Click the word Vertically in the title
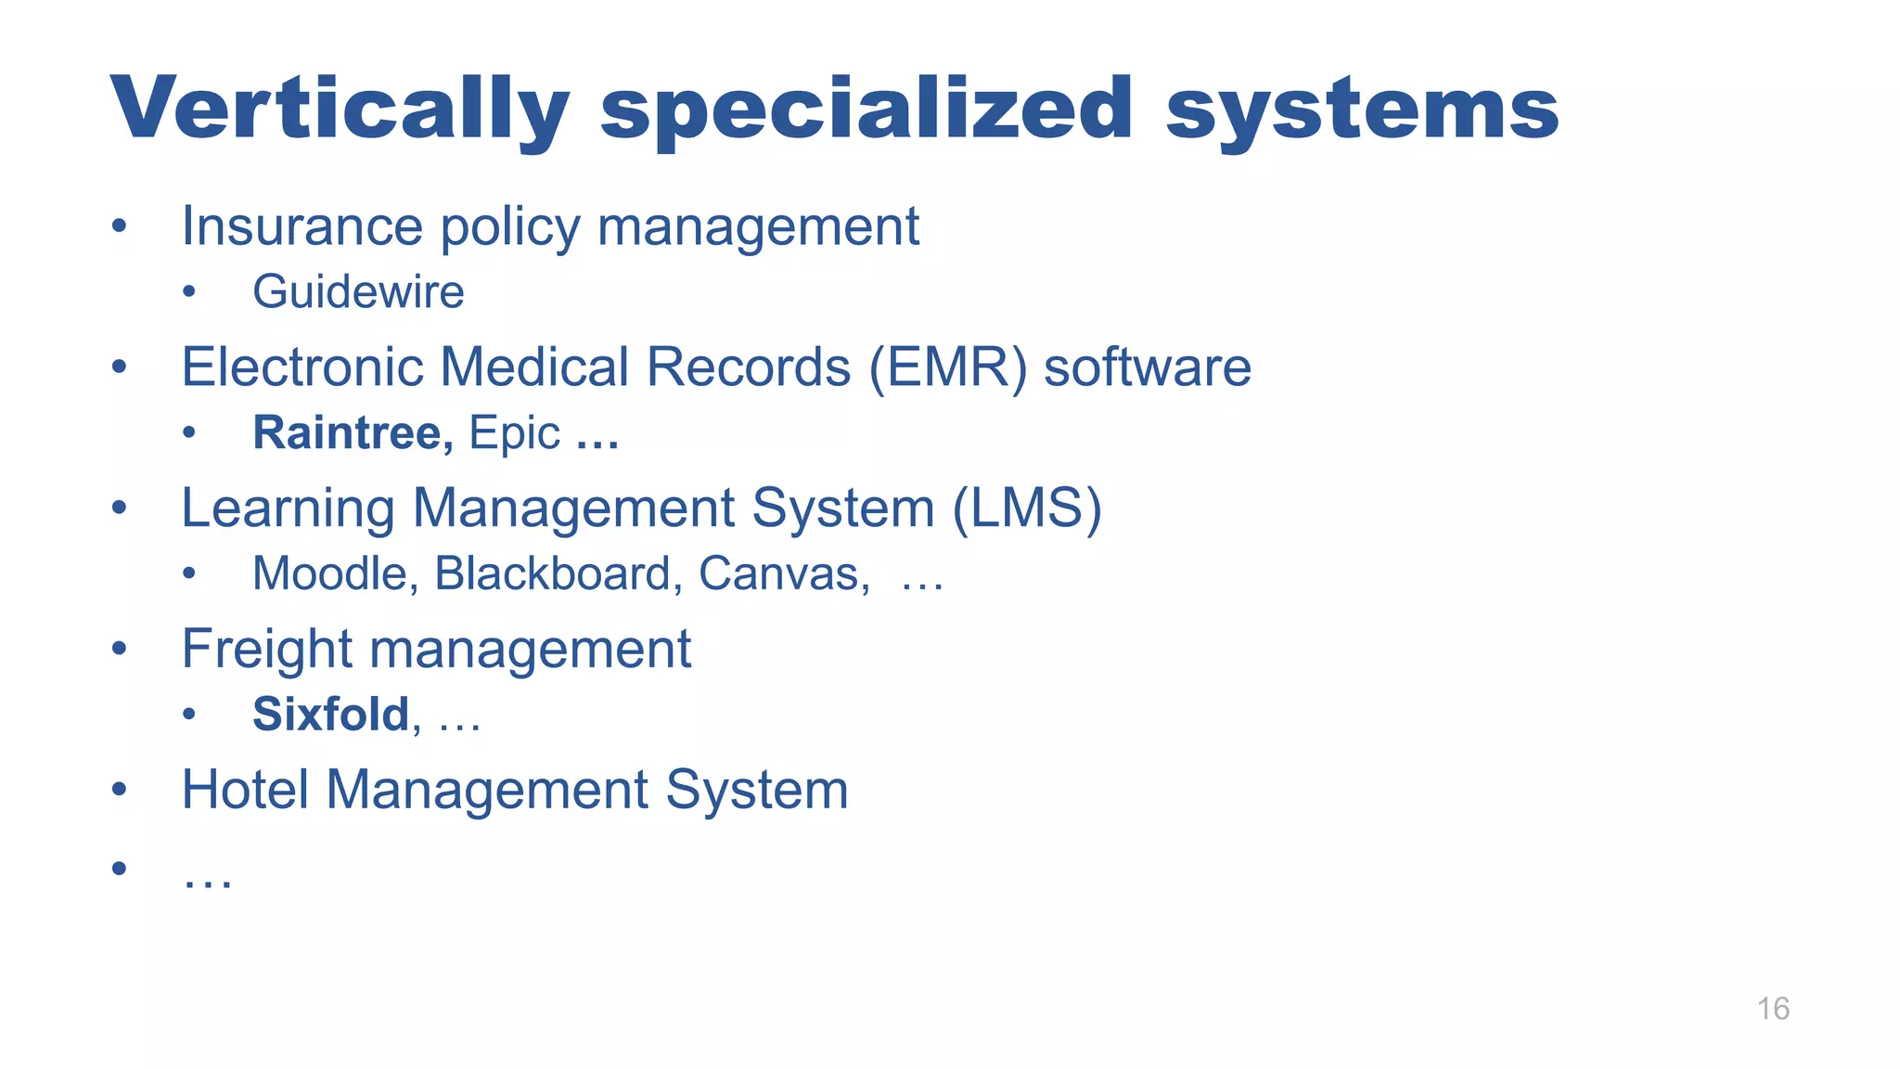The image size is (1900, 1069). coord(340,109)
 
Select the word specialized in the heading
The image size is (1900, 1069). coord(867,109)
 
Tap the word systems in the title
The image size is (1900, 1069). coord(1362,109)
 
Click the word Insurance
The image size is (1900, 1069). coord(302,226)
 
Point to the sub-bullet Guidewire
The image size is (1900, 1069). coord(358,292)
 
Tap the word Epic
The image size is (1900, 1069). coord(514,434)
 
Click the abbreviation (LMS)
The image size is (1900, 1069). coord(1027,509)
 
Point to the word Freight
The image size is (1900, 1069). coord(266,649)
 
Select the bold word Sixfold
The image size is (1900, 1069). coord(331,715)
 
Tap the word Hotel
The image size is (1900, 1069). coord(245,790)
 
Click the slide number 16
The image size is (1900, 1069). coord(1773,1009)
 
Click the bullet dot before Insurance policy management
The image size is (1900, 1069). coord(119,226)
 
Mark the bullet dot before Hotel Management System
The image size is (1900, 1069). coord(119,790)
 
